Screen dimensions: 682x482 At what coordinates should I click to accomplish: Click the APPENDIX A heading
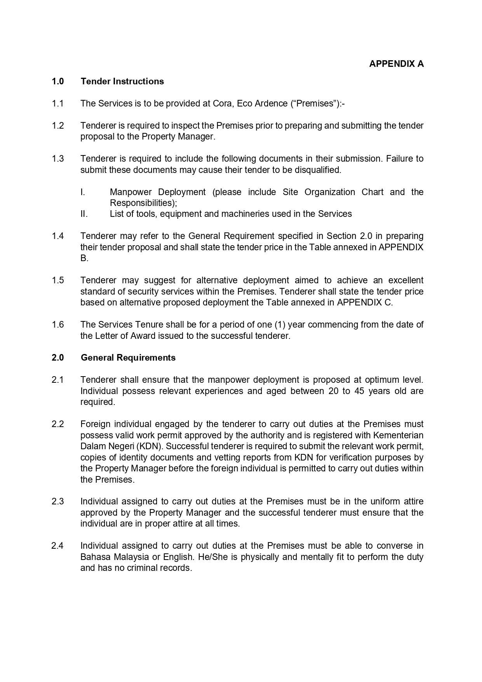click(396, 64)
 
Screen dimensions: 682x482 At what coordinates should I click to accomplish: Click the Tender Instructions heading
click(122, 82)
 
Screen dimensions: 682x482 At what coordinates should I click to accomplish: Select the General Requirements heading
click(128, 358)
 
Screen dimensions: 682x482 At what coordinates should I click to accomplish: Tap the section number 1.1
click(57, 104)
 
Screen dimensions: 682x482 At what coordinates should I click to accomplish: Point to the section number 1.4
click(57, 236)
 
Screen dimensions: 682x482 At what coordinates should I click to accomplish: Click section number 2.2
click(57, 424)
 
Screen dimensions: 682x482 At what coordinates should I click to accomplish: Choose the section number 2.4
click(57, 546)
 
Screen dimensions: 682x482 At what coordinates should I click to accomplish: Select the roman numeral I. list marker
click(83, 192)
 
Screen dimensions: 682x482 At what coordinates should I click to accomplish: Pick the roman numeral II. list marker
click(84, 214)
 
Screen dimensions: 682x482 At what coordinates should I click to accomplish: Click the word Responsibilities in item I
click(142, 203)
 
